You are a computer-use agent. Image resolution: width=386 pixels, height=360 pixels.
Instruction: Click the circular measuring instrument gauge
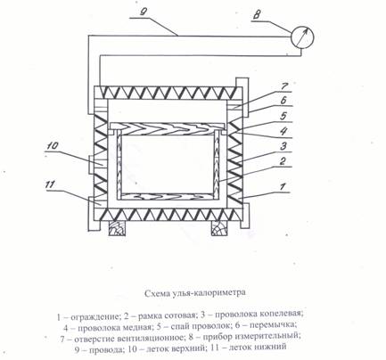[x=302, y=37]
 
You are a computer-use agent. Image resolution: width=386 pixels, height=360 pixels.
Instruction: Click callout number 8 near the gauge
[x=256, y=16]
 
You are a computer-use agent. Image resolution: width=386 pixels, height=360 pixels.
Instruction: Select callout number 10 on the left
[x=53, y=146]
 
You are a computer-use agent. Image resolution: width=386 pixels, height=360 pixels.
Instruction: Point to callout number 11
[x=50, y=184]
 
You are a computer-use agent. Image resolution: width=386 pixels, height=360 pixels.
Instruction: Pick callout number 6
[x=283, y=101]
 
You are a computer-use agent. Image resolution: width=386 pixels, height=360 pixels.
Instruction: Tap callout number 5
[x=283, y=116]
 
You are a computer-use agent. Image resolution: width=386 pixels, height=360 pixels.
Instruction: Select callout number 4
[x=283, y=131]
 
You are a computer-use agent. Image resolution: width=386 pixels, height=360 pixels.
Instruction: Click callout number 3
[x=283, y=146]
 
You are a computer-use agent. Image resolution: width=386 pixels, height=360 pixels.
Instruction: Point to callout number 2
[x=283, y=160]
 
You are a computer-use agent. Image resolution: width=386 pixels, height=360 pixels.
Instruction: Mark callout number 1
[x=283, y=186]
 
